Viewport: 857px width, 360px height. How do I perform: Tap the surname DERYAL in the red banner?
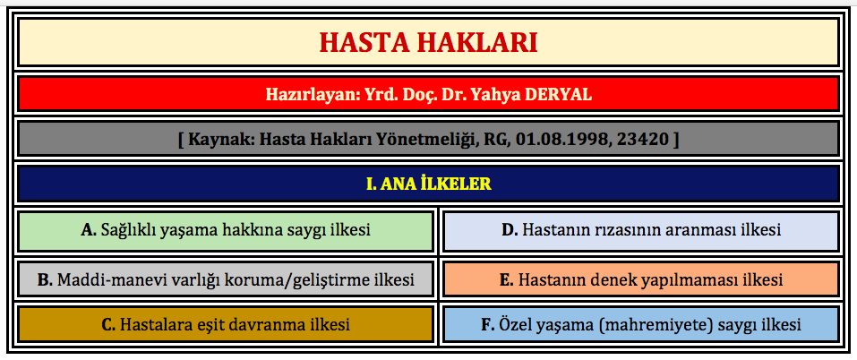click(x=558, y=95)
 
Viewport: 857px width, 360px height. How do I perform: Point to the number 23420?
click(x=643, y=140)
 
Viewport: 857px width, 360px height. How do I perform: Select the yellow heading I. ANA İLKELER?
click(x=428, y=184)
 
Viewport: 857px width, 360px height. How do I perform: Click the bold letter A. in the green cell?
click(x=89, y=230)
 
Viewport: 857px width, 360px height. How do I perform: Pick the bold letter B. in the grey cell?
click(x=45, y=280)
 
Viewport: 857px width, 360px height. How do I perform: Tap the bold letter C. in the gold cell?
click(x=108, y=325)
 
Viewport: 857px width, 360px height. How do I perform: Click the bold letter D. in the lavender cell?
click(x=510, y=230)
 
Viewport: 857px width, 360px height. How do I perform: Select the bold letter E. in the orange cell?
click(x=507, y=280)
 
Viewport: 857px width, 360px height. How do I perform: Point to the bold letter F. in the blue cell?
click(x=487, y=325)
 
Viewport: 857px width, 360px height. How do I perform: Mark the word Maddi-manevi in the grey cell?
click(x=103, y=280)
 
